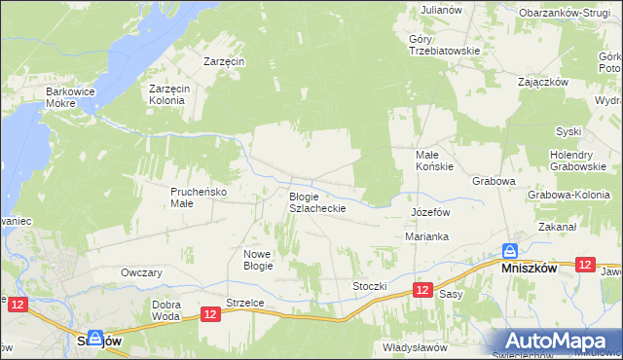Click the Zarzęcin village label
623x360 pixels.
(224, 60)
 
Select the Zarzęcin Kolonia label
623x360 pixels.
(174, 93)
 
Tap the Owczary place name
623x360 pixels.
(141, 272)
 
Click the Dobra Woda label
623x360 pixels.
(165, 310)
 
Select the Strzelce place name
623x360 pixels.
(245, 303)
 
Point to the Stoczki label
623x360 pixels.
(371, 286)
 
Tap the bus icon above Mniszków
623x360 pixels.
(509, 250)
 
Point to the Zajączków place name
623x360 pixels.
(543, 82)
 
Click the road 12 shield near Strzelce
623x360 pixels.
(211, 313)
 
